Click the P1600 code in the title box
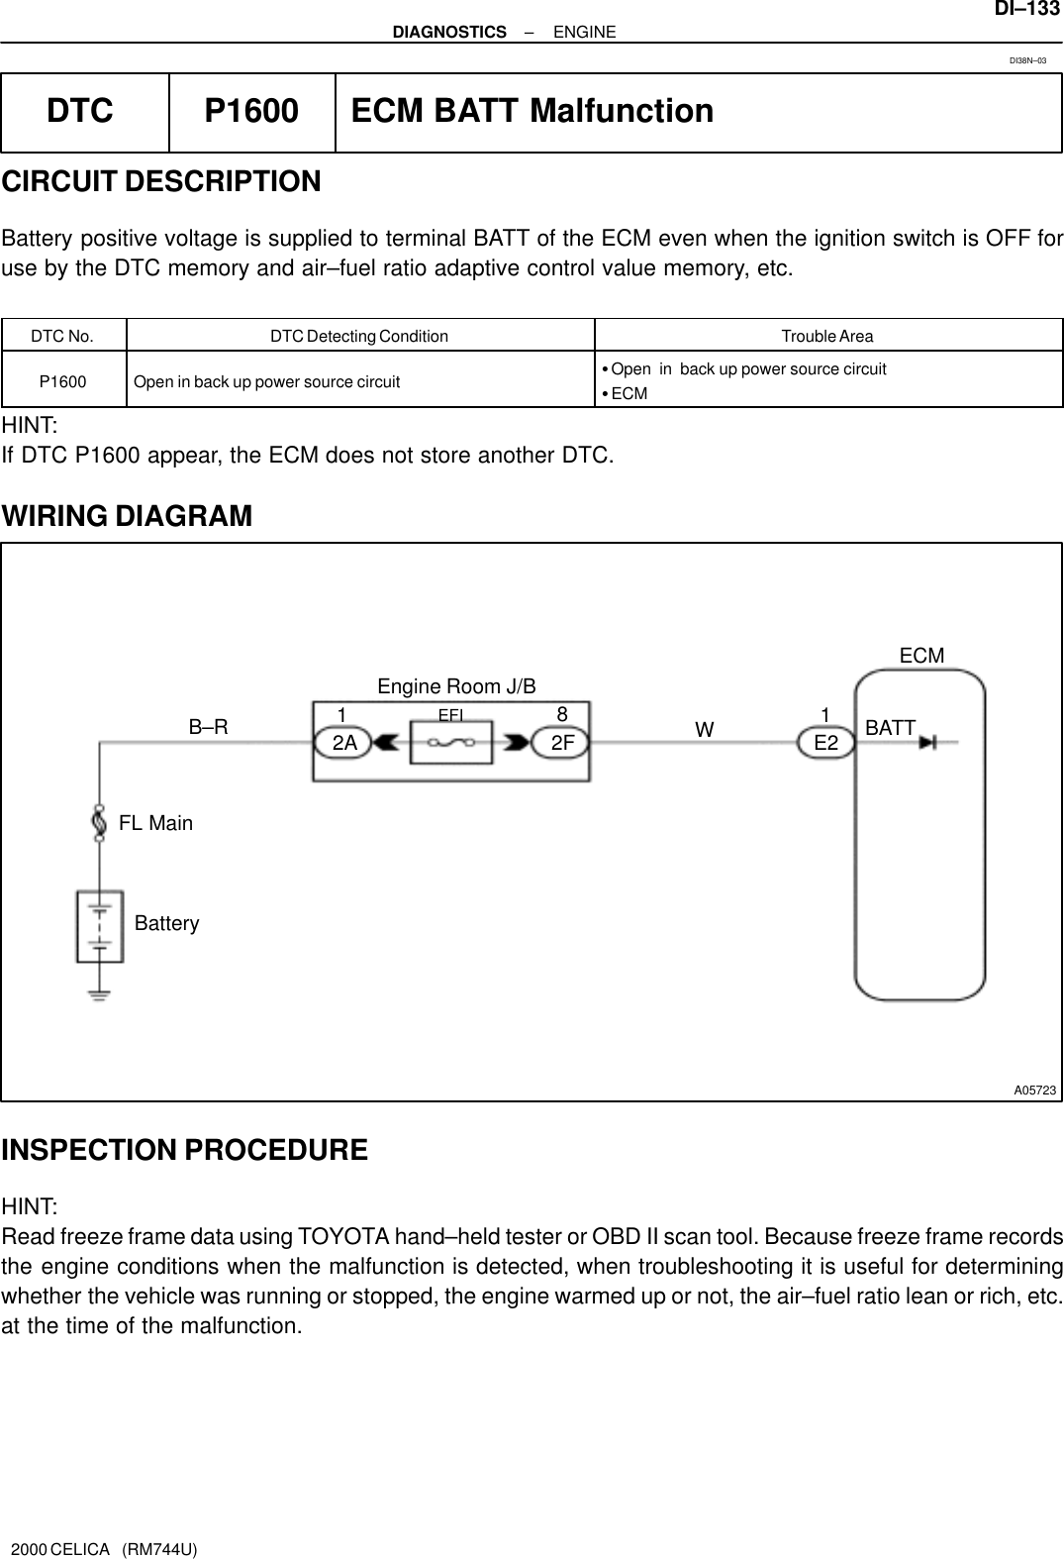(250, 111)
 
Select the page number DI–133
(1026, 9)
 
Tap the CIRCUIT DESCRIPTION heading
(161, 182)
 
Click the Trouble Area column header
(827, 336)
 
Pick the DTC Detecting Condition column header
(359, 336)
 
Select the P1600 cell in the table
(62, 381)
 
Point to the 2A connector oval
(343, 742)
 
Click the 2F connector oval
(562, 742)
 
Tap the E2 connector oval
(825, 742)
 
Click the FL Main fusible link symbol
(98, 822)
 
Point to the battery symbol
(99, 926)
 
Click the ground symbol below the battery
(98, 993)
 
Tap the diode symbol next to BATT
(928, 742)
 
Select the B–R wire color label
(208, 727)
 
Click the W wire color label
(704, 730)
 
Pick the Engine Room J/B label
(456, 686)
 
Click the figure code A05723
(1034, 1091)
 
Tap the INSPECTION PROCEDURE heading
(184, 1150)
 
